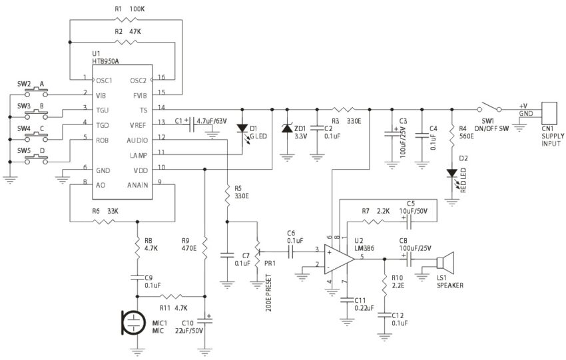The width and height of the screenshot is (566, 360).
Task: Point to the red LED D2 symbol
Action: (453, 174)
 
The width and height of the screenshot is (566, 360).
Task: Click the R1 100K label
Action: (127, 9)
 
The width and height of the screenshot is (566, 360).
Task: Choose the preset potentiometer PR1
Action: (257, 254)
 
